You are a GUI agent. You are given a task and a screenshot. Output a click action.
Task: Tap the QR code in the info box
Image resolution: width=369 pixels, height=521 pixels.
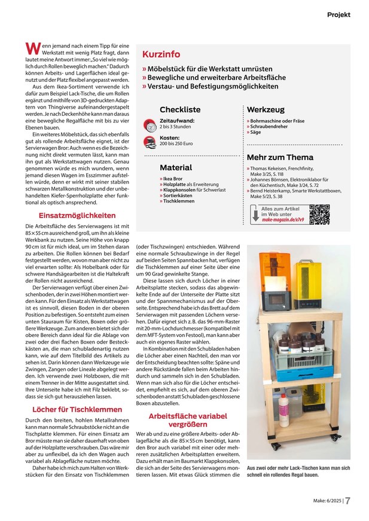(x=320, y=214)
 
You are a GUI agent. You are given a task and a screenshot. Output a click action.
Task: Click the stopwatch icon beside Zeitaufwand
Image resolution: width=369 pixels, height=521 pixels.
(x=151, y=124)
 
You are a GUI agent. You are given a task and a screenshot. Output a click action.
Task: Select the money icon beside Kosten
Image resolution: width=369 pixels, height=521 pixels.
(x=151, y=142)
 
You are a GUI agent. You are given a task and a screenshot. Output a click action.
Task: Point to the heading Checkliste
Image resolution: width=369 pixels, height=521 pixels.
(x=180, y=110)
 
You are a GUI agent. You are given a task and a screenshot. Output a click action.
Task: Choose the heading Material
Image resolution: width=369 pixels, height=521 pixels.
(x=176, y=167)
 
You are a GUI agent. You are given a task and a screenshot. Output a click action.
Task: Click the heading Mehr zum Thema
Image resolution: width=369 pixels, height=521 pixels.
(x=280, y=157)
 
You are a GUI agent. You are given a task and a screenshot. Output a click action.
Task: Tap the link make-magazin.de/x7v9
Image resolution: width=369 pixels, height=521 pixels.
(x=283, y=219)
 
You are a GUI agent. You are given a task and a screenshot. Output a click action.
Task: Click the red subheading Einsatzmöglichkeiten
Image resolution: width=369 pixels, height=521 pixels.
(x=77, y=214)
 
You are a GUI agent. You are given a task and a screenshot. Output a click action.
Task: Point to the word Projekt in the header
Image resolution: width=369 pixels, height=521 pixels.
(x=338, y=14)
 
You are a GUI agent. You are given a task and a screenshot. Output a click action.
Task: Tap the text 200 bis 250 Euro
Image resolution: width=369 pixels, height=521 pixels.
(x=176, y=144)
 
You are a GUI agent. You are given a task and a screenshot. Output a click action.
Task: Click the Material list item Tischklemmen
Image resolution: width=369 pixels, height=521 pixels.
(x=178, y=201)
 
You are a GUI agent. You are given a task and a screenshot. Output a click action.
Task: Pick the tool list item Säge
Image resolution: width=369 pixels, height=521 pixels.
(x=256, y=132)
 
